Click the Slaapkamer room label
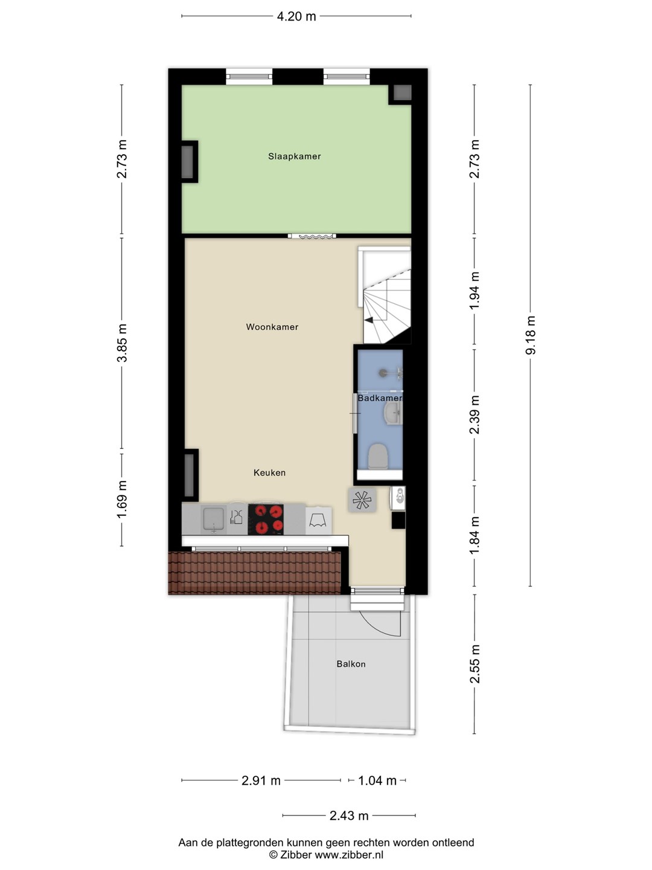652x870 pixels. click(294, 156)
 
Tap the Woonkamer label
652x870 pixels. click(272, 327)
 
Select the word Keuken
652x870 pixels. click(270, 472)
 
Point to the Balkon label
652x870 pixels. click(351, 664)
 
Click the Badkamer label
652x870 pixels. click(380, 398)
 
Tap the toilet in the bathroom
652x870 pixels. click(378, 456)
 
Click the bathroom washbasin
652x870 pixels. click(392, 413)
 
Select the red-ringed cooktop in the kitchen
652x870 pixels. click(266, 519)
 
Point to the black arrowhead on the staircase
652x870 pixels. click(369, 321)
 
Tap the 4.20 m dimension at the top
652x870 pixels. click(296, 16)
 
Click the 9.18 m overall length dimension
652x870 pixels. click(531, 335)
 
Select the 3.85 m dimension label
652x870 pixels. click(122, 343)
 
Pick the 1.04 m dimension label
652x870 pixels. click(377, 781)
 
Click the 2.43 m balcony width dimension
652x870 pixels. click(349, 815)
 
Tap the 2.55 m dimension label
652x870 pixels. click(475, 664)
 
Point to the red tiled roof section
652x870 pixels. click(255, 573)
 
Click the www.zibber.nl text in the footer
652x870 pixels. click(349, 855)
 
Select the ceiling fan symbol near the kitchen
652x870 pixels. click(362, 500)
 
